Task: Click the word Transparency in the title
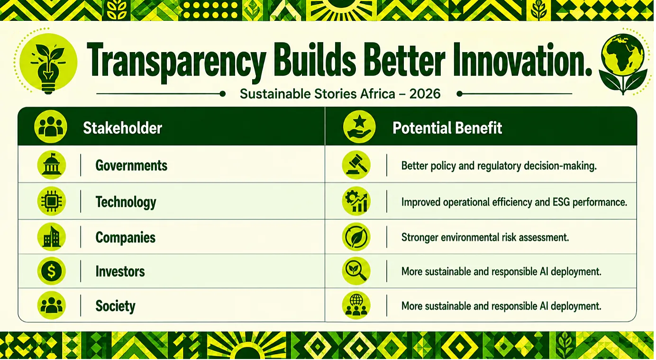click(176, 63)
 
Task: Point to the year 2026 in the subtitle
click(425, 94)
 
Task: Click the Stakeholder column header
click(122, 128)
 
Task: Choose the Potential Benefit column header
click(447, 128)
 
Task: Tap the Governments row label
click(131, 166)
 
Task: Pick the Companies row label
click(125, 237)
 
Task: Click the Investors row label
click(120, 271)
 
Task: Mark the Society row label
click(115, 306)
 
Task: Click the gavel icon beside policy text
click(356, 165)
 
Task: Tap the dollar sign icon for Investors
click(52, 271)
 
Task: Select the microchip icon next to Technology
click(52, 201)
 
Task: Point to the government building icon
click(52, 165)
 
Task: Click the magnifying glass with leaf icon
click(356, 271)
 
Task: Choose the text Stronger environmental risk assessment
click(485, 237)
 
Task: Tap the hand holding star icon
click(359, 127)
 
